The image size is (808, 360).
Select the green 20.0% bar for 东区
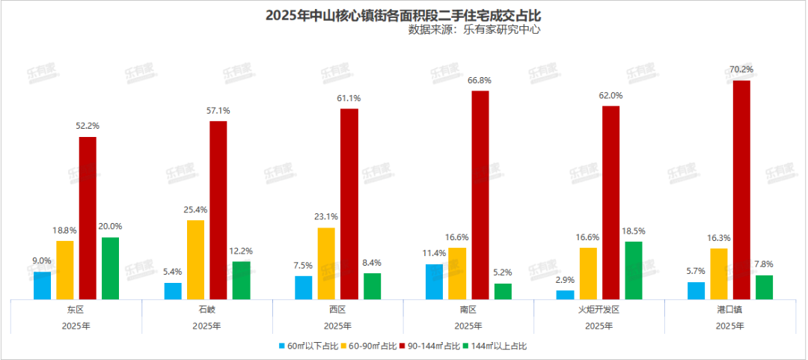point(110,269)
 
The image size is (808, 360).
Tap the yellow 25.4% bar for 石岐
point(195,260)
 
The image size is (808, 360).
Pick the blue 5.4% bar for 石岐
point(173,291)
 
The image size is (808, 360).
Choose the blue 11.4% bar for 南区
point(434,281)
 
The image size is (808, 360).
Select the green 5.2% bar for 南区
point(503,291)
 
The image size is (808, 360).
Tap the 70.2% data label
point(741,70)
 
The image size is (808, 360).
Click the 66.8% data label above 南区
point(480,80)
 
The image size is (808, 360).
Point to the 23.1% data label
point(326,217)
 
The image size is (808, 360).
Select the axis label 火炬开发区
point(599,309)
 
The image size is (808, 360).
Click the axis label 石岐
point(206,309)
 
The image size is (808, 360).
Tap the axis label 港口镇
point(729,309)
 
